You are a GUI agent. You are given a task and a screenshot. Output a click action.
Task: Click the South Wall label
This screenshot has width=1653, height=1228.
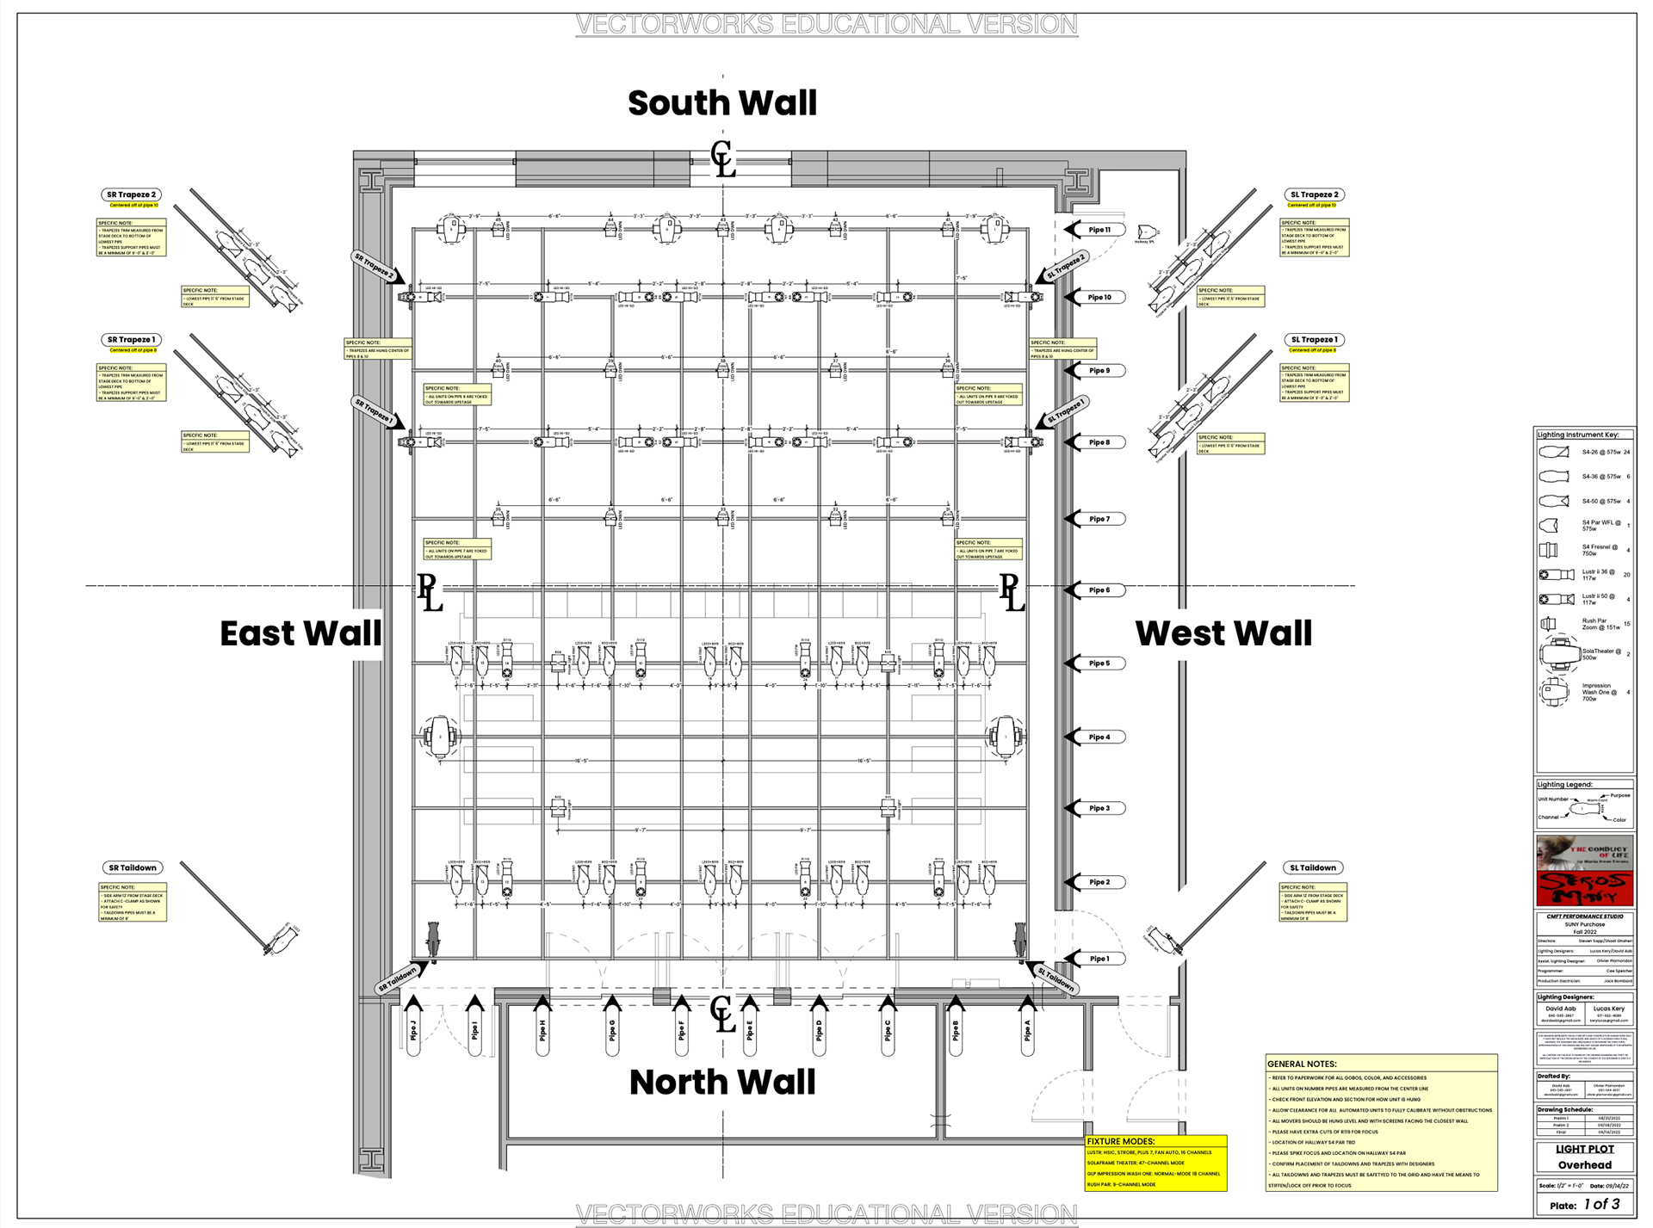(x=721, y=103)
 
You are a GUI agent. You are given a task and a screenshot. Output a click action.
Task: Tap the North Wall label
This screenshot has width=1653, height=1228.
(x=721, y=1082)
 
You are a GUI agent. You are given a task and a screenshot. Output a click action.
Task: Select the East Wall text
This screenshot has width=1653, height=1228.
(x=300, y=633)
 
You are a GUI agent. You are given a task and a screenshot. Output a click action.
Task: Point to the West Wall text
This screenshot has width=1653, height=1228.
(x=1223, y=633)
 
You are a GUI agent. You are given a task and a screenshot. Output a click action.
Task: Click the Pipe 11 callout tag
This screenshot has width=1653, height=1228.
(x=1099, y=230)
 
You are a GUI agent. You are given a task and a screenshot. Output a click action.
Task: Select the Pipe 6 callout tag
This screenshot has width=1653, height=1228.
(x=1099, y=590)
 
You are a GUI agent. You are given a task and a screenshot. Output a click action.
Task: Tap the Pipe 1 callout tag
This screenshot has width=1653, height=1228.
(x=1099, y=959)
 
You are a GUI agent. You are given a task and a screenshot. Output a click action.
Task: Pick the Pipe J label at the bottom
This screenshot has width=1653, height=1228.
(x=413, y=1030)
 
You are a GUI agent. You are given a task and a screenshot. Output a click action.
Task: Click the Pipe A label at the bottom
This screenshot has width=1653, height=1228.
(x=1027, y=1030)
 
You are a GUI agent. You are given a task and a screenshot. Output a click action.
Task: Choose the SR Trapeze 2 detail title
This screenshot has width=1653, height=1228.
(x=131, y=195)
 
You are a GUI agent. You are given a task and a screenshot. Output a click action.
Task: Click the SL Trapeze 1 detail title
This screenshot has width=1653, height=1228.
(x=1314, y=340)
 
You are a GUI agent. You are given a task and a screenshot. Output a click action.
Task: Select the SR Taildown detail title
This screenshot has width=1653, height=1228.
(x=133, y=867)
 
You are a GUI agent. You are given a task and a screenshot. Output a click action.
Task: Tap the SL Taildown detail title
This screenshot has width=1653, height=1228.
(x=1312, y=867)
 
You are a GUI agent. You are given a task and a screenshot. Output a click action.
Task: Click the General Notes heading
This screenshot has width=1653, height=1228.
(x=1301, y=1064)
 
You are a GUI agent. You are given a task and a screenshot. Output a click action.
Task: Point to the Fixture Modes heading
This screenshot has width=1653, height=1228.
(x=1120, y=1141)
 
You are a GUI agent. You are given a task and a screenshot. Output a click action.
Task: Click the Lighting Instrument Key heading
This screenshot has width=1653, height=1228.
(x=1577, y=435)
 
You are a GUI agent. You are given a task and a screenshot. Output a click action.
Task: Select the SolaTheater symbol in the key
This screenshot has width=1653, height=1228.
(x=1558, y=654)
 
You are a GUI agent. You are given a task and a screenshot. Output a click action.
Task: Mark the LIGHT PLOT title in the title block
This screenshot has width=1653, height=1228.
(x=1584, y=1149)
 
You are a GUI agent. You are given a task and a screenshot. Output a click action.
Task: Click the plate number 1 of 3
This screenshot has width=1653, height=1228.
(x=1601, y=1205)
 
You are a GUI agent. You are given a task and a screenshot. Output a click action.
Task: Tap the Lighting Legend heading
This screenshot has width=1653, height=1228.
(x=1564, y=785)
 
